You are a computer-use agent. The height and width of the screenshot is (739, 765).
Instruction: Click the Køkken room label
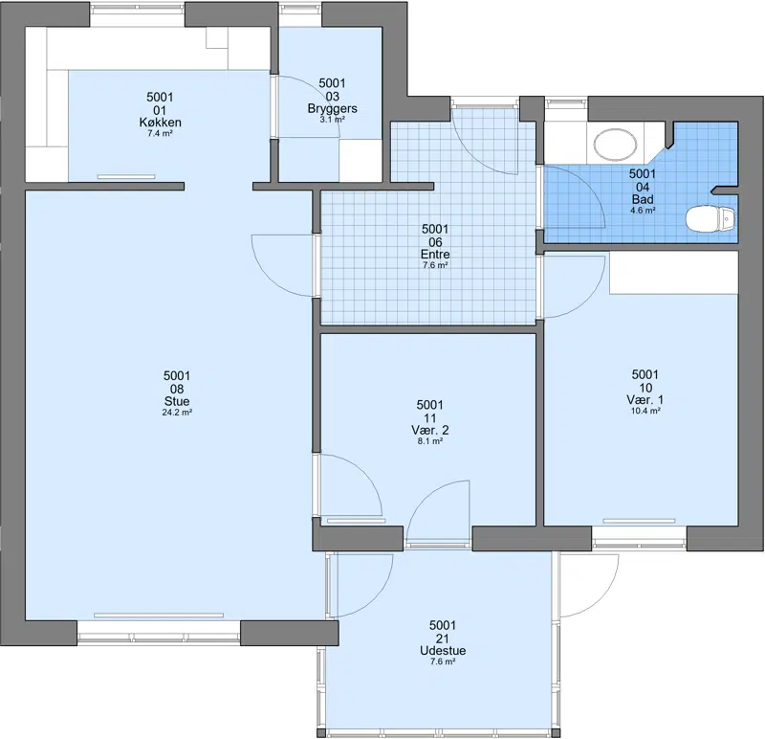[160, 123]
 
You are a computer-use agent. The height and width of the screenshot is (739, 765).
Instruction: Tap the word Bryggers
[332, 108]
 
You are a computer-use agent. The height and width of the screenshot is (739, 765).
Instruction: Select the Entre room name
[435, 254]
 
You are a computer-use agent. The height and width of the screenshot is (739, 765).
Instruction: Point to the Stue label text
[177, 401]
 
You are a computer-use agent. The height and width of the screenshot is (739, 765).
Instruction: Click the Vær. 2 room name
[429, 431]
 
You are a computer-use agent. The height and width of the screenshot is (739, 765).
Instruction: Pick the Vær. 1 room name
[645, 400]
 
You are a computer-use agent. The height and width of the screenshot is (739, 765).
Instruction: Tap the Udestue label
[443, 651]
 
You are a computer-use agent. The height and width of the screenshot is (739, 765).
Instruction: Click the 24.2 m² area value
[177, 413]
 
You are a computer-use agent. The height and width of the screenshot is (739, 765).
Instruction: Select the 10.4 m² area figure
[645, 412]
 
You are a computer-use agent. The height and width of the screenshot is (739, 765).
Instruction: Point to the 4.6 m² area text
[643, 211]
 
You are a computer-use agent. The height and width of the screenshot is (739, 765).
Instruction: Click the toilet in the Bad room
[710, 219]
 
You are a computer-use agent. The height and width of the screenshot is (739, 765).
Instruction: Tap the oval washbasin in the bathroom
[615, 146]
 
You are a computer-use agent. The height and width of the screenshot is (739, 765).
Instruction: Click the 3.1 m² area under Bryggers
[332, 119]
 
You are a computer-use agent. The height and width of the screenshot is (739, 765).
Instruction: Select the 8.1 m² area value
[429, 441]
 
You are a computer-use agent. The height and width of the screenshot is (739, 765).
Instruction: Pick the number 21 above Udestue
[443, 638]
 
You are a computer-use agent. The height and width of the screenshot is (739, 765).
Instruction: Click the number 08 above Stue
[177, 389]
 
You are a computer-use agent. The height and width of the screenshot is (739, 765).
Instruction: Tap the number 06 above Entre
[435, 242]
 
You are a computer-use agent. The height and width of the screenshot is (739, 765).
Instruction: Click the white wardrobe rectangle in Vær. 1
[673, 273]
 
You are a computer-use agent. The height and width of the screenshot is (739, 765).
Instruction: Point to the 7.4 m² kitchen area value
[160, 133]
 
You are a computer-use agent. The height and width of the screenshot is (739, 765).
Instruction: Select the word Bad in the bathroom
[643, 199]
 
